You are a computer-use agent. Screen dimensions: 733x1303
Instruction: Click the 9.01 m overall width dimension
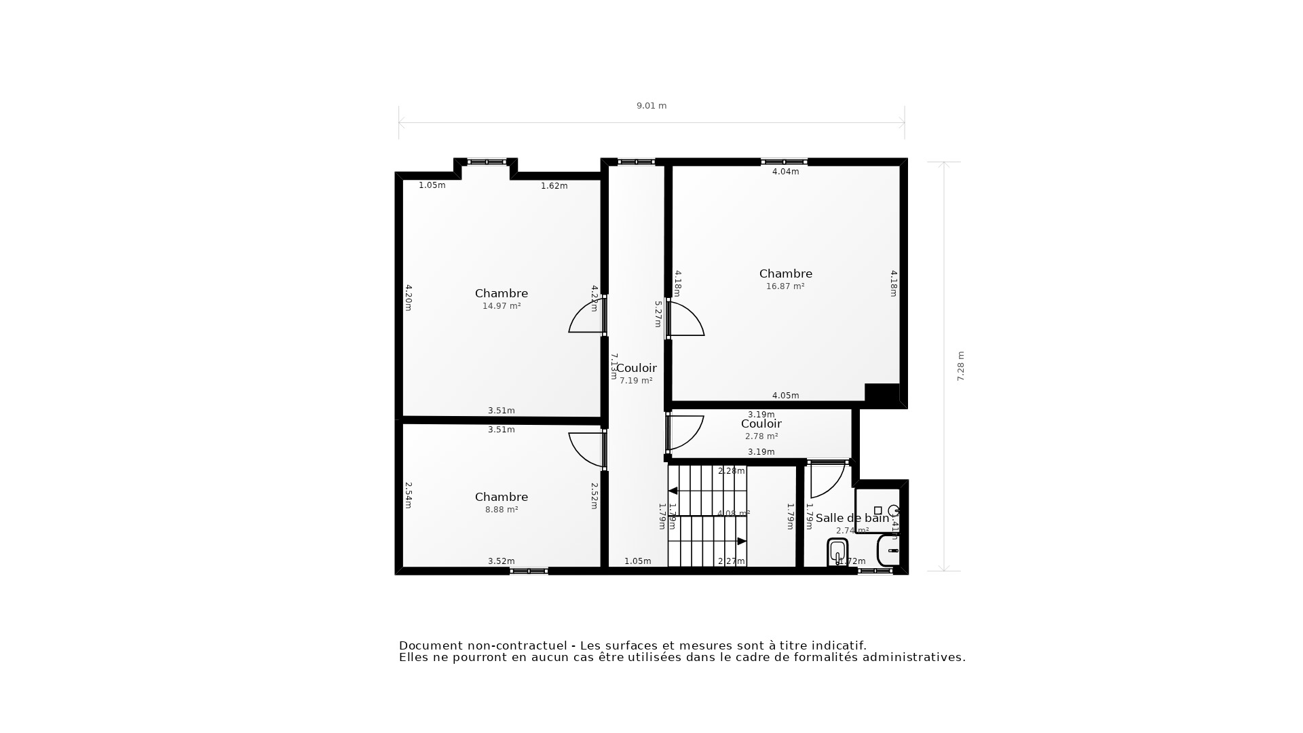click(x=651, y=106)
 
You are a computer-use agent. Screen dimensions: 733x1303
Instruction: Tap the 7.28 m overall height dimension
click(x=960, y=366)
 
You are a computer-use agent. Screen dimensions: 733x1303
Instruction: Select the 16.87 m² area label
click(x=785, y=286)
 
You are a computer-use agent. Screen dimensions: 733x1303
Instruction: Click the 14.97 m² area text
click(x=502, y=306)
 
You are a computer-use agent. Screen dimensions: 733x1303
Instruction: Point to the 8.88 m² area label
click(x=502, y=510)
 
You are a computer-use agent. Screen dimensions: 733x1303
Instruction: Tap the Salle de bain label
click(x=852, y=519)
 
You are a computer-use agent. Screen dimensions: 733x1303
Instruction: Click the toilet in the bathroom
click(x=837, y=551)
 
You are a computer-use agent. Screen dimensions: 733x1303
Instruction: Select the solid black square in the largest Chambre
click(x=882, y=394)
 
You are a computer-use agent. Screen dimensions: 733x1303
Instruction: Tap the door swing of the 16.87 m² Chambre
click(x=687, y=319)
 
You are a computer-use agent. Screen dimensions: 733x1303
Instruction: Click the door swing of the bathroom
click(x=827, y=481)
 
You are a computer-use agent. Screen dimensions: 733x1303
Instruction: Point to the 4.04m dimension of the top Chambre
click(x=785, y=172)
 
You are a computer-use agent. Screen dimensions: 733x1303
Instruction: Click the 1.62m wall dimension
click(x=554, y=186)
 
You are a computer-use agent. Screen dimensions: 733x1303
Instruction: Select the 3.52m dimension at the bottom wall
click(x=501, y=561)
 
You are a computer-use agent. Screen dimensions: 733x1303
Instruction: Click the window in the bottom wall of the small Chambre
click(x=529, y=571)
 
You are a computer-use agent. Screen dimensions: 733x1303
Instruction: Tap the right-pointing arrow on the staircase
click(x=741, y=541)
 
